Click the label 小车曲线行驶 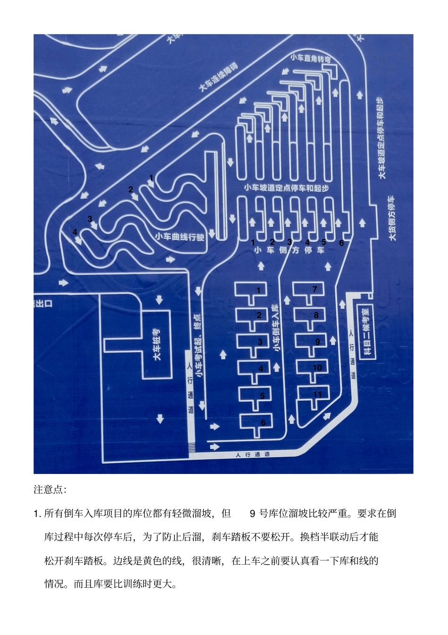coord(180,237)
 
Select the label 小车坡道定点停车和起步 coord(286,188)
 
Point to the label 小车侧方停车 coord(289,250)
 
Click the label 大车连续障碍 coord(218,77)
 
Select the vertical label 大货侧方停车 coord(392,218)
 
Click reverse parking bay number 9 coord(317,341)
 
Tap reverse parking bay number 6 coord(263,423)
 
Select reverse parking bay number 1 coord(258,289)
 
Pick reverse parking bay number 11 coord(317,395)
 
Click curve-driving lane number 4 coord(75,232)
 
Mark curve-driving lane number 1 coord(151,178)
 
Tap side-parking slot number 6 coord(341,243)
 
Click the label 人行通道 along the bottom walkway coord(253,454)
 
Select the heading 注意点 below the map coord(50,489)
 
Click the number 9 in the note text coord(252,513)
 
